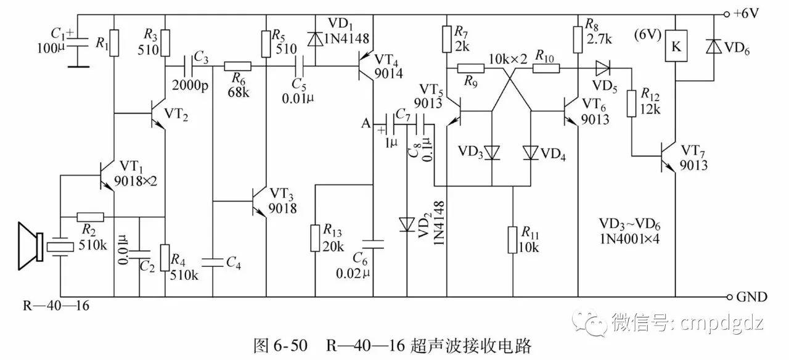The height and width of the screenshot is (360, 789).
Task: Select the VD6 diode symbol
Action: click(x=713, y=48)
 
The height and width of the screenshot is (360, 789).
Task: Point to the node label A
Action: click(x=366, y=124)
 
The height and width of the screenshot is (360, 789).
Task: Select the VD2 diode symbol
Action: click(x=407, y=223)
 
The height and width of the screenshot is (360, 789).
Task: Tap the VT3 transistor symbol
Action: click(x=261, y=201)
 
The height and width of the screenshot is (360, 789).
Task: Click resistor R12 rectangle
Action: click(x=632, y=103)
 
